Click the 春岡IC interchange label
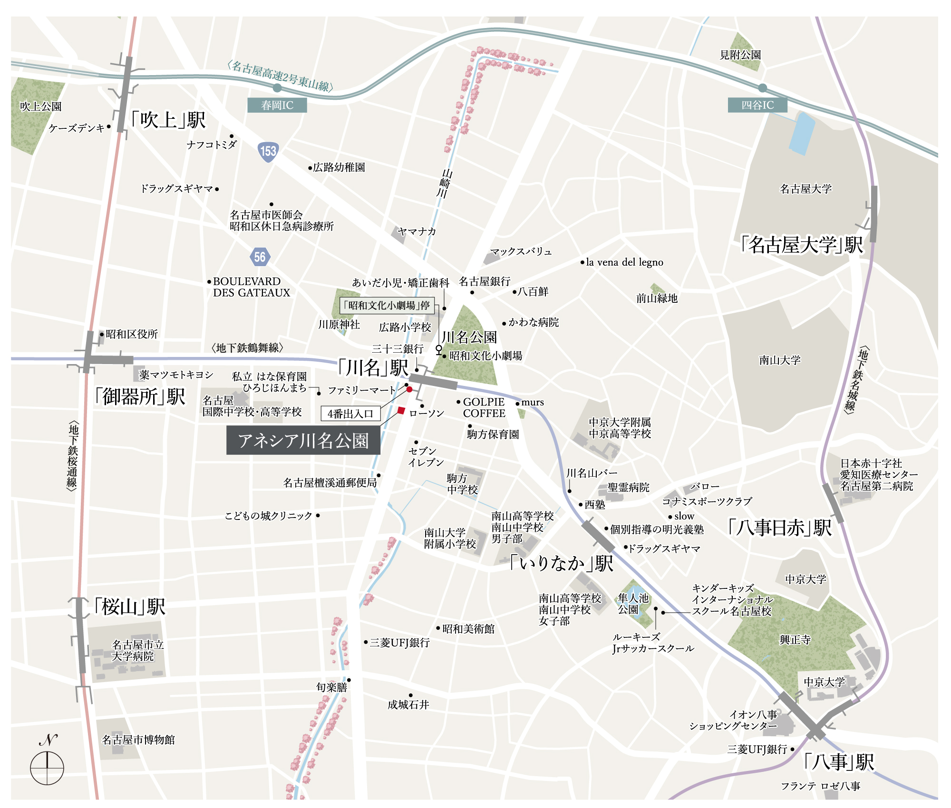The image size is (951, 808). tap(277, 105)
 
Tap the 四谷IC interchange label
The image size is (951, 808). tap(757, 105)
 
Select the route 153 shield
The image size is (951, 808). tap(268, 152)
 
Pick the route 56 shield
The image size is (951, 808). tap(260, 257)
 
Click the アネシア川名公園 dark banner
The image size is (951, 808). tap(303, 441)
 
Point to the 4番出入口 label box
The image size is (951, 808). tap(350, 414)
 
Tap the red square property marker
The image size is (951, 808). tap(401, 411)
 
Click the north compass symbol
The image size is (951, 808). tap(47, 767)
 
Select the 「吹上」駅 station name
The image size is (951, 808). tap(168, 120)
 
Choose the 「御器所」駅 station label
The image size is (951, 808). tap(140, 396)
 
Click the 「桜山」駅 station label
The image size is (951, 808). tap(130, 606)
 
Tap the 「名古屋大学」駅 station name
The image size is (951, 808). tap(802, 245)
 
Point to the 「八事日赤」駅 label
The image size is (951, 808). tap(780, 528)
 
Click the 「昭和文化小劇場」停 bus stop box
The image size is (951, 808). tap(387, 305)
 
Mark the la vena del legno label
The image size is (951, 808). tap(624, 262)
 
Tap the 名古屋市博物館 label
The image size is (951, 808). tap(138, 740)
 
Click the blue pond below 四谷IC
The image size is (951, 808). tap(802, 133)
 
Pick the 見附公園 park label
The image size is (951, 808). tap(740, 55)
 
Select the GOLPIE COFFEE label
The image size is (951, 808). tap(484, 408)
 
